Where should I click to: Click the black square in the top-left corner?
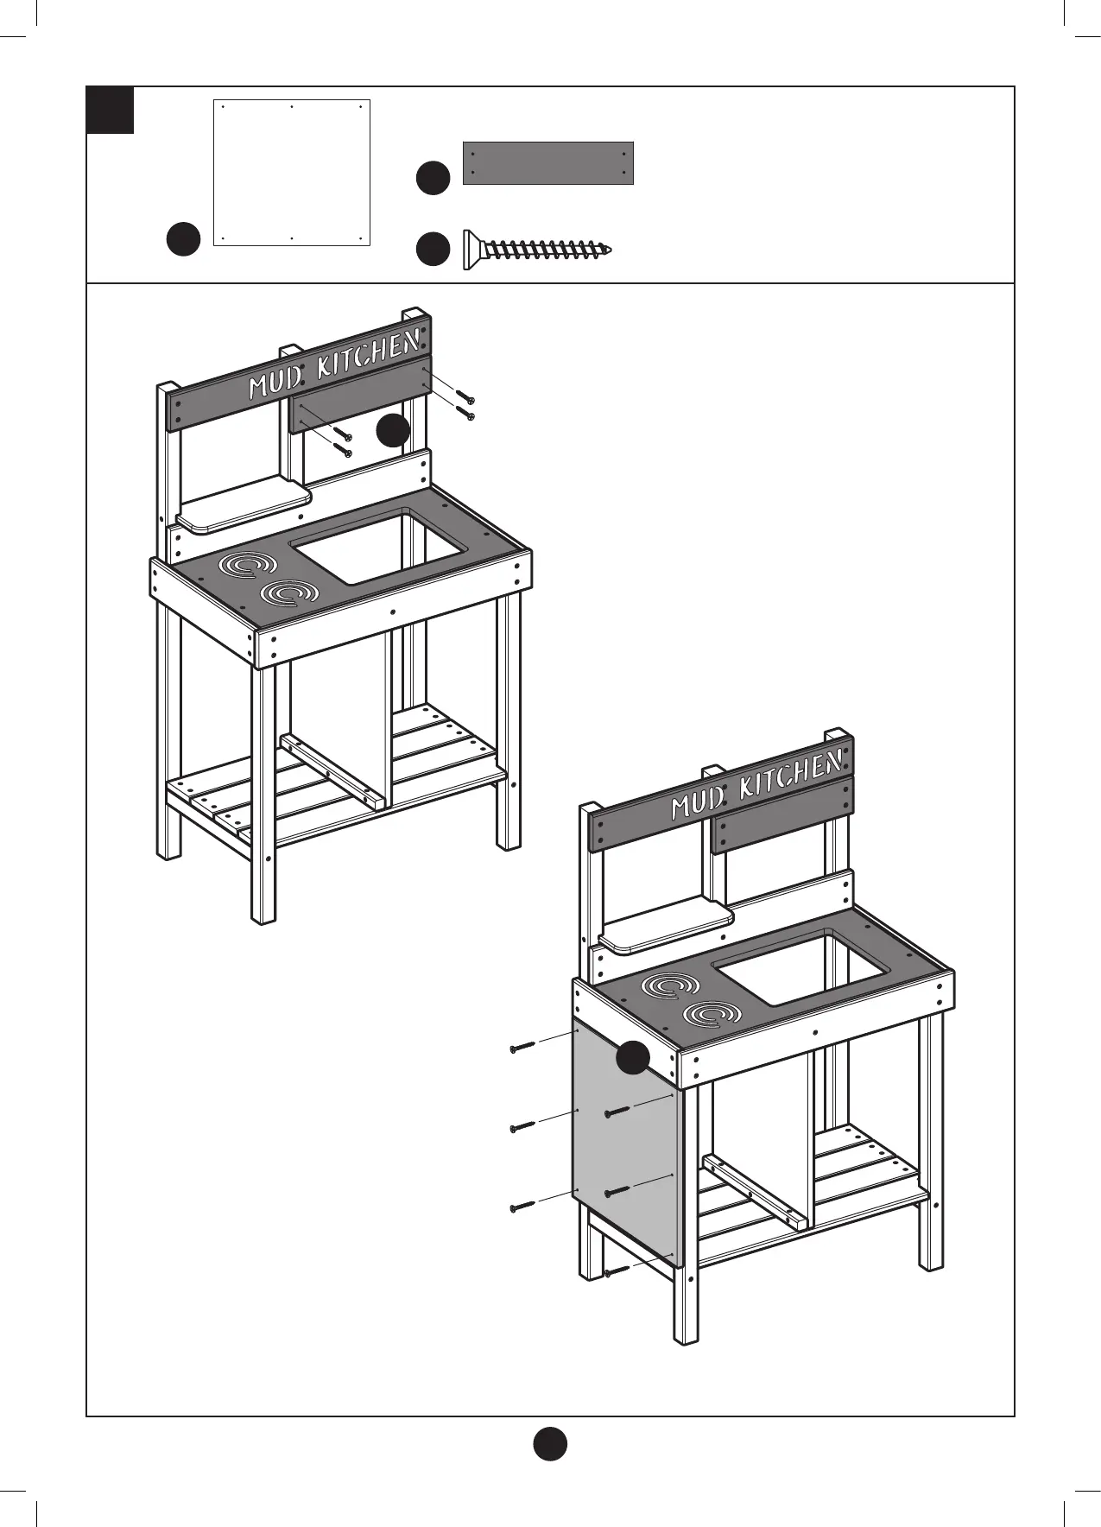click(111, 110)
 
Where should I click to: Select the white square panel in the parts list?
click(292, 173)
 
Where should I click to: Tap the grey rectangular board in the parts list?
click(548, 163)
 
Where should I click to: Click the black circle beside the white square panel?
click(184, 239)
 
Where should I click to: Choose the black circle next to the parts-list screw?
click(433, 249)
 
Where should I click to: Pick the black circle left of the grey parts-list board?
click(433, 178)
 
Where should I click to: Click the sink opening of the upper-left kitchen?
click(380, 546)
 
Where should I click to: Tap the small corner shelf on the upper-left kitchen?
click(244, 505)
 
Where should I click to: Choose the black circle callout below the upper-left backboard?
click(394, 430)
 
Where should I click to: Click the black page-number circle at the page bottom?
click(549, 1443)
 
